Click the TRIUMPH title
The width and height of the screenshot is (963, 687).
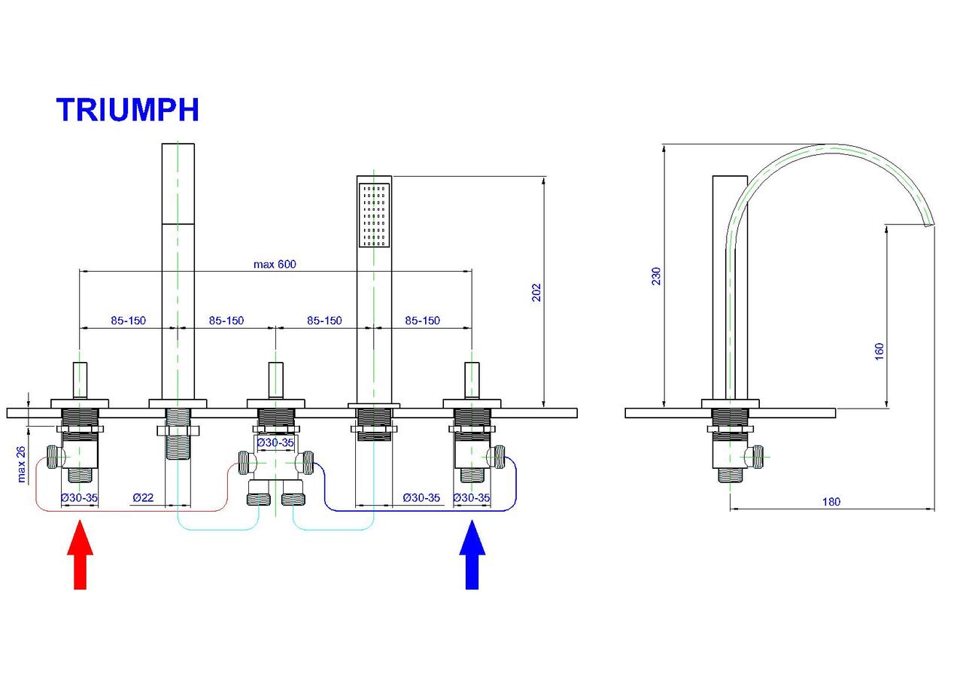[x=127, y=110]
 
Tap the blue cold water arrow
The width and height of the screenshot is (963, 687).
[x=472, y=556]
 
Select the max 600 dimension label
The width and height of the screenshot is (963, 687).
[x=275, y=263]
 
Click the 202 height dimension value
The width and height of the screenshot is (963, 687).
[x=536, y=293]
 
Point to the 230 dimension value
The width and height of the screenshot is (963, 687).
[x=656, y=276]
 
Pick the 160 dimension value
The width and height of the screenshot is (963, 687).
[x=879, y=351]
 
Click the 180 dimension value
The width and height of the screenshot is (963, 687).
[x=831, y=501]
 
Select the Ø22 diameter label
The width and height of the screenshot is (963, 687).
[x=143, y=497]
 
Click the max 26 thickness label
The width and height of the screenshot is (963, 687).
[x=21, y=464]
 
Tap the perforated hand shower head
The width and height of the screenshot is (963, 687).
[x=374, y=214]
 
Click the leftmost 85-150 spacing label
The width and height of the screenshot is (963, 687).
[x=128, y=321]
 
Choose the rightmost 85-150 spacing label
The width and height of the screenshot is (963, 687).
[x=422, y=321]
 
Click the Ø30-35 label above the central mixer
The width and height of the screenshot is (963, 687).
[x=275, y=442]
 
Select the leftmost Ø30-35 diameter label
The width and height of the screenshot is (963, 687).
[x=80, y=497]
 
